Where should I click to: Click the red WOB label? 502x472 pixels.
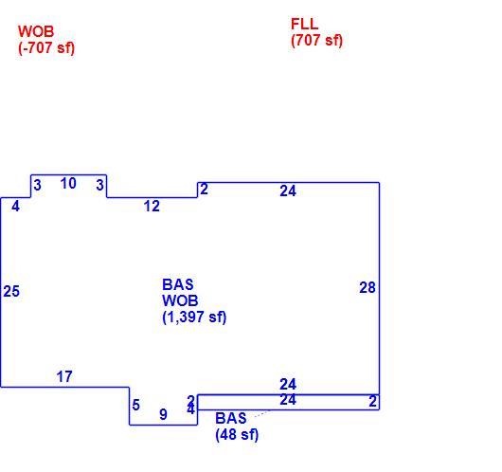pos(36,31)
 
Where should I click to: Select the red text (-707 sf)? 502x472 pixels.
pos(46,48)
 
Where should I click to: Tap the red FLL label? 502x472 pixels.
pos(304,24)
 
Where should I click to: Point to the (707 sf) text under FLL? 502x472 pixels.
pos(316,41)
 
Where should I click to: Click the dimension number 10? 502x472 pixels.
pos(68,184)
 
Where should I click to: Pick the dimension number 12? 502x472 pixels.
pos(152,206)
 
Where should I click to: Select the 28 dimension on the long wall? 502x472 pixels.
pos(368,287)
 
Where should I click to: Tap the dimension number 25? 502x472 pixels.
pos(11,291)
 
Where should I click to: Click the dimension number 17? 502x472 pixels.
pos(64,376)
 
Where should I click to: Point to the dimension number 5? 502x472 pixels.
pos(136,405)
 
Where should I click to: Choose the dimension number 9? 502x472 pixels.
pos(163,414)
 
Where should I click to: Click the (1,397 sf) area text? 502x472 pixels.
pos(194,317)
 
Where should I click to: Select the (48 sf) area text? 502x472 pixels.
pos(237,434)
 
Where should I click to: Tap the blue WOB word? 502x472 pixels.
pos(180,300)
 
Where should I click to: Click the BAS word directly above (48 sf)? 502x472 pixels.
pos(231,418)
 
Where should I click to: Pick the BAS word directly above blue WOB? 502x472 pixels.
pos(178,284)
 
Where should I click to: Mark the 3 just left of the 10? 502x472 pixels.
pos(38,185)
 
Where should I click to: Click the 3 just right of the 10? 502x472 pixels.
pos(99,185)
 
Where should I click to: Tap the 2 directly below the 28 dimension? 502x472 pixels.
pos(372,401)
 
